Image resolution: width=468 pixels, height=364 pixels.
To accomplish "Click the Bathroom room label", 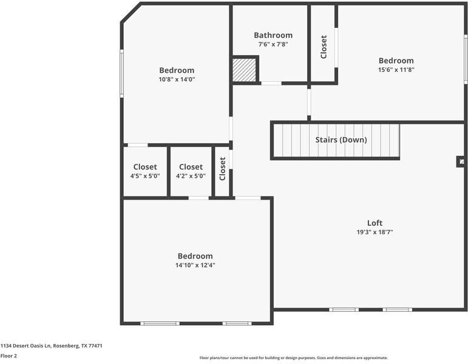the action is click(x=273, y=35).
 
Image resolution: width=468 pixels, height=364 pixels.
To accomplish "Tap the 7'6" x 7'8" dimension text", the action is click(x=273, y=44).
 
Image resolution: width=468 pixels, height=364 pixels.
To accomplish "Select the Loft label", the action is click(x=375, y=223).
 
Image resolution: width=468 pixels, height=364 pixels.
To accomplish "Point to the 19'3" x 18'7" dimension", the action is click(x=375, y=232).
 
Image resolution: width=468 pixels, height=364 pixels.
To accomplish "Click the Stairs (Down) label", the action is click(x=341, y=140).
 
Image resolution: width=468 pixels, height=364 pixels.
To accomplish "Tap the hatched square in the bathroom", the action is click(x=244, y=70).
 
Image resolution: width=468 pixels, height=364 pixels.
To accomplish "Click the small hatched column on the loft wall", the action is click(x=462, y=162).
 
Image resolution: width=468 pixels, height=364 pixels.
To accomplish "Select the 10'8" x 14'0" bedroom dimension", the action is click(x=177, y=79).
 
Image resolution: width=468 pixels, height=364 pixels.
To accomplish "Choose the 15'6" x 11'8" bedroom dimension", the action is click(x=396, y=70).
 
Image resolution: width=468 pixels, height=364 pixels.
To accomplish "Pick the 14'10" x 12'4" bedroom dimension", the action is click(x=195, y=265).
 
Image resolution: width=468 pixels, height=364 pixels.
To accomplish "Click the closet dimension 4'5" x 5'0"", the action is click(x=145, y=176).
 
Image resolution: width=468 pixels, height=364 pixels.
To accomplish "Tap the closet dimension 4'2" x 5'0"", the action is click(x=191, y=176).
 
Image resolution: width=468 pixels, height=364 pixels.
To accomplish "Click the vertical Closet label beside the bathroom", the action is click(x=324, y=47).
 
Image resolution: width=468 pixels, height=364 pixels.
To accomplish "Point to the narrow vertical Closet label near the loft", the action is click(x=222, y=169).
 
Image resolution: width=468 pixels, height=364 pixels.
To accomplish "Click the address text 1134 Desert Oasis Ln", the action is click(x=26, y=346).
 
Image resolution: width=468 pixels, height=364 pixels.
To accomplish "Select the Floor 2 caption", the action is click(x=8, y=356).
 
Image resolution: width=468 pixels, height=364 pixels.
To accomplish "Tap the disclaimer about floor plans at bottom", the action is click(x=294, y=358).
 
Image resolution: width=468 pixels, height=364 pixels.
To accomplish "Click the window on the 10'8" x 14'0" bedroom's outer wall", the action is click(x=121, y=73).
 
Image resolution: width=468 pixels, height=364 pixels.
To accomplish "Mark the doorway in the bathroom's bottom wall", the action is click(x=271, y=83).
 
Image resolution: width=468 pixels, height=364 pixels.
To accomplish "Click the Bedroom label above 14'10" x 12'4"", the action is click(x=195, y=256).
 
